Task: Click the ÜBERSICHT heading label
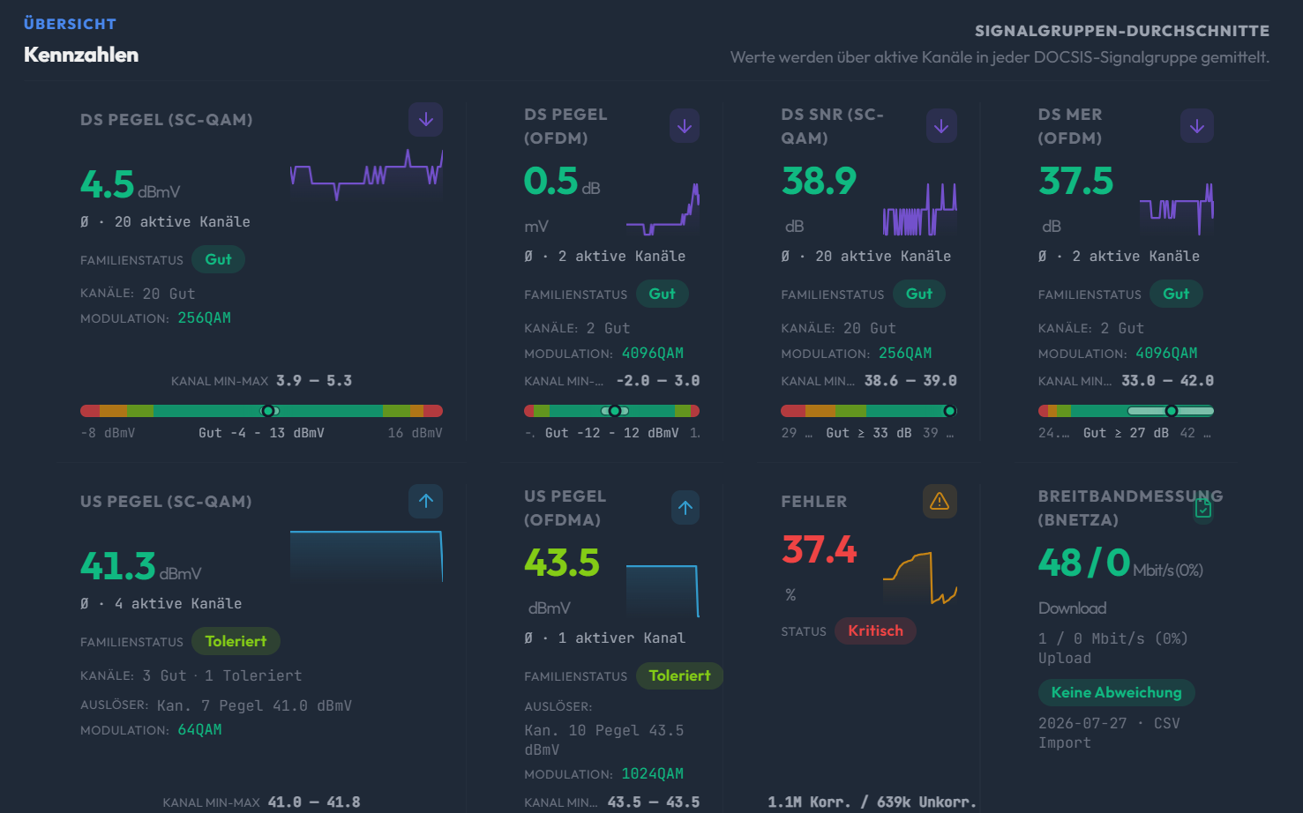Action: [x=70, y=24]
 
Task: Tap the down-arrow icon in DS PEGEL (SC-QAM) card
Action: [x=425, y=120]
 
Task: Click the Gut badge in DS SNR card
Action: [x=918, y=294]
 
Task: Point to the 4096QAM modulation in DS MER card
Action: [x=1166, y=353]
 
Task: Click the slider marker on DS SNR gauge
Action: [x=949, y=411]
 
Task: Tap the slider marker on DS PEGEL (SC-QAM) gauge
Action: [x=268, y=411]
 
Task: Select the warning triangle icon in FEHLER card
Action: [x=940, y=502]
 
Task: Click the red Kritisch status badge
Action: [x=875, y=631]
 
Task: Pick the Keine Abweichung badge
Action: [x=1116, y=692]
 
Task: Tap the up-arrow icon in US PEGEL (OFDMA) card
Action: [x=685, y=508]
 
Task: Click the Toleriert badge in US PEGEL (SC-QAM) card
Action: [x=236, y=641]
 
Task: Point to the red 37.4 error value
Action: [x=819, y=549]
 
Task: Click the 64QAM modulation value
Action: [x=199, y=730]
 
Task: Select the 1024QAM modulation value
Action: [x=652, y=774]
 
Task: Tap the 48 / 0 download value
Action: [x=1083, y=563]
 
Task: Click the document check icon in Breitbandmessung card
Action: [x=1203, y=508]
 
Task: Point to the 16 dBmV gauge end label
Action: [x=415, y=433]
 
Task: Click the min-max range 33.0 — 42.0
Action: [x=1167, y=381]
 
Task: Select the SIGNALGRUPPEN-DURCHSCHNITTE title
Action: [x=1122, y=31]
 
